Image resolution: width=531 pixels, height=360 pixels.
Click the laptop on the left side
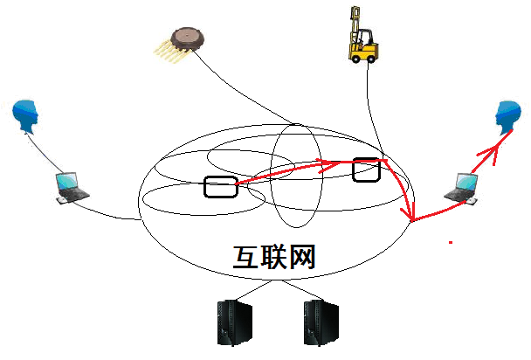point(71,188)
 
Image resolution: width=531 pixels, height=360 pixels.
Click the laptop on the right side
point(461,187)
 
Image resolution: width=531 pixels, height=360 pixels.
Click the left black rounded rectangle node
point(220,186)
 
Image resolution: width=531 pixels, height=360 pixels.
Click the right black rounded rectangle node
point(367,170)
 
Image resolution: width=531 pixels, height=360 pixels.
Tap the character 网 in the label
point(302,256)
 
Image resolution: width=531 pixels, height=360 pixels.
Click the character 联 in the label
point(274,256)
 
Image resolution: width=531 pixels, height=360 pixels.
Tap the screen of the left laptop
point(67,183)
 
